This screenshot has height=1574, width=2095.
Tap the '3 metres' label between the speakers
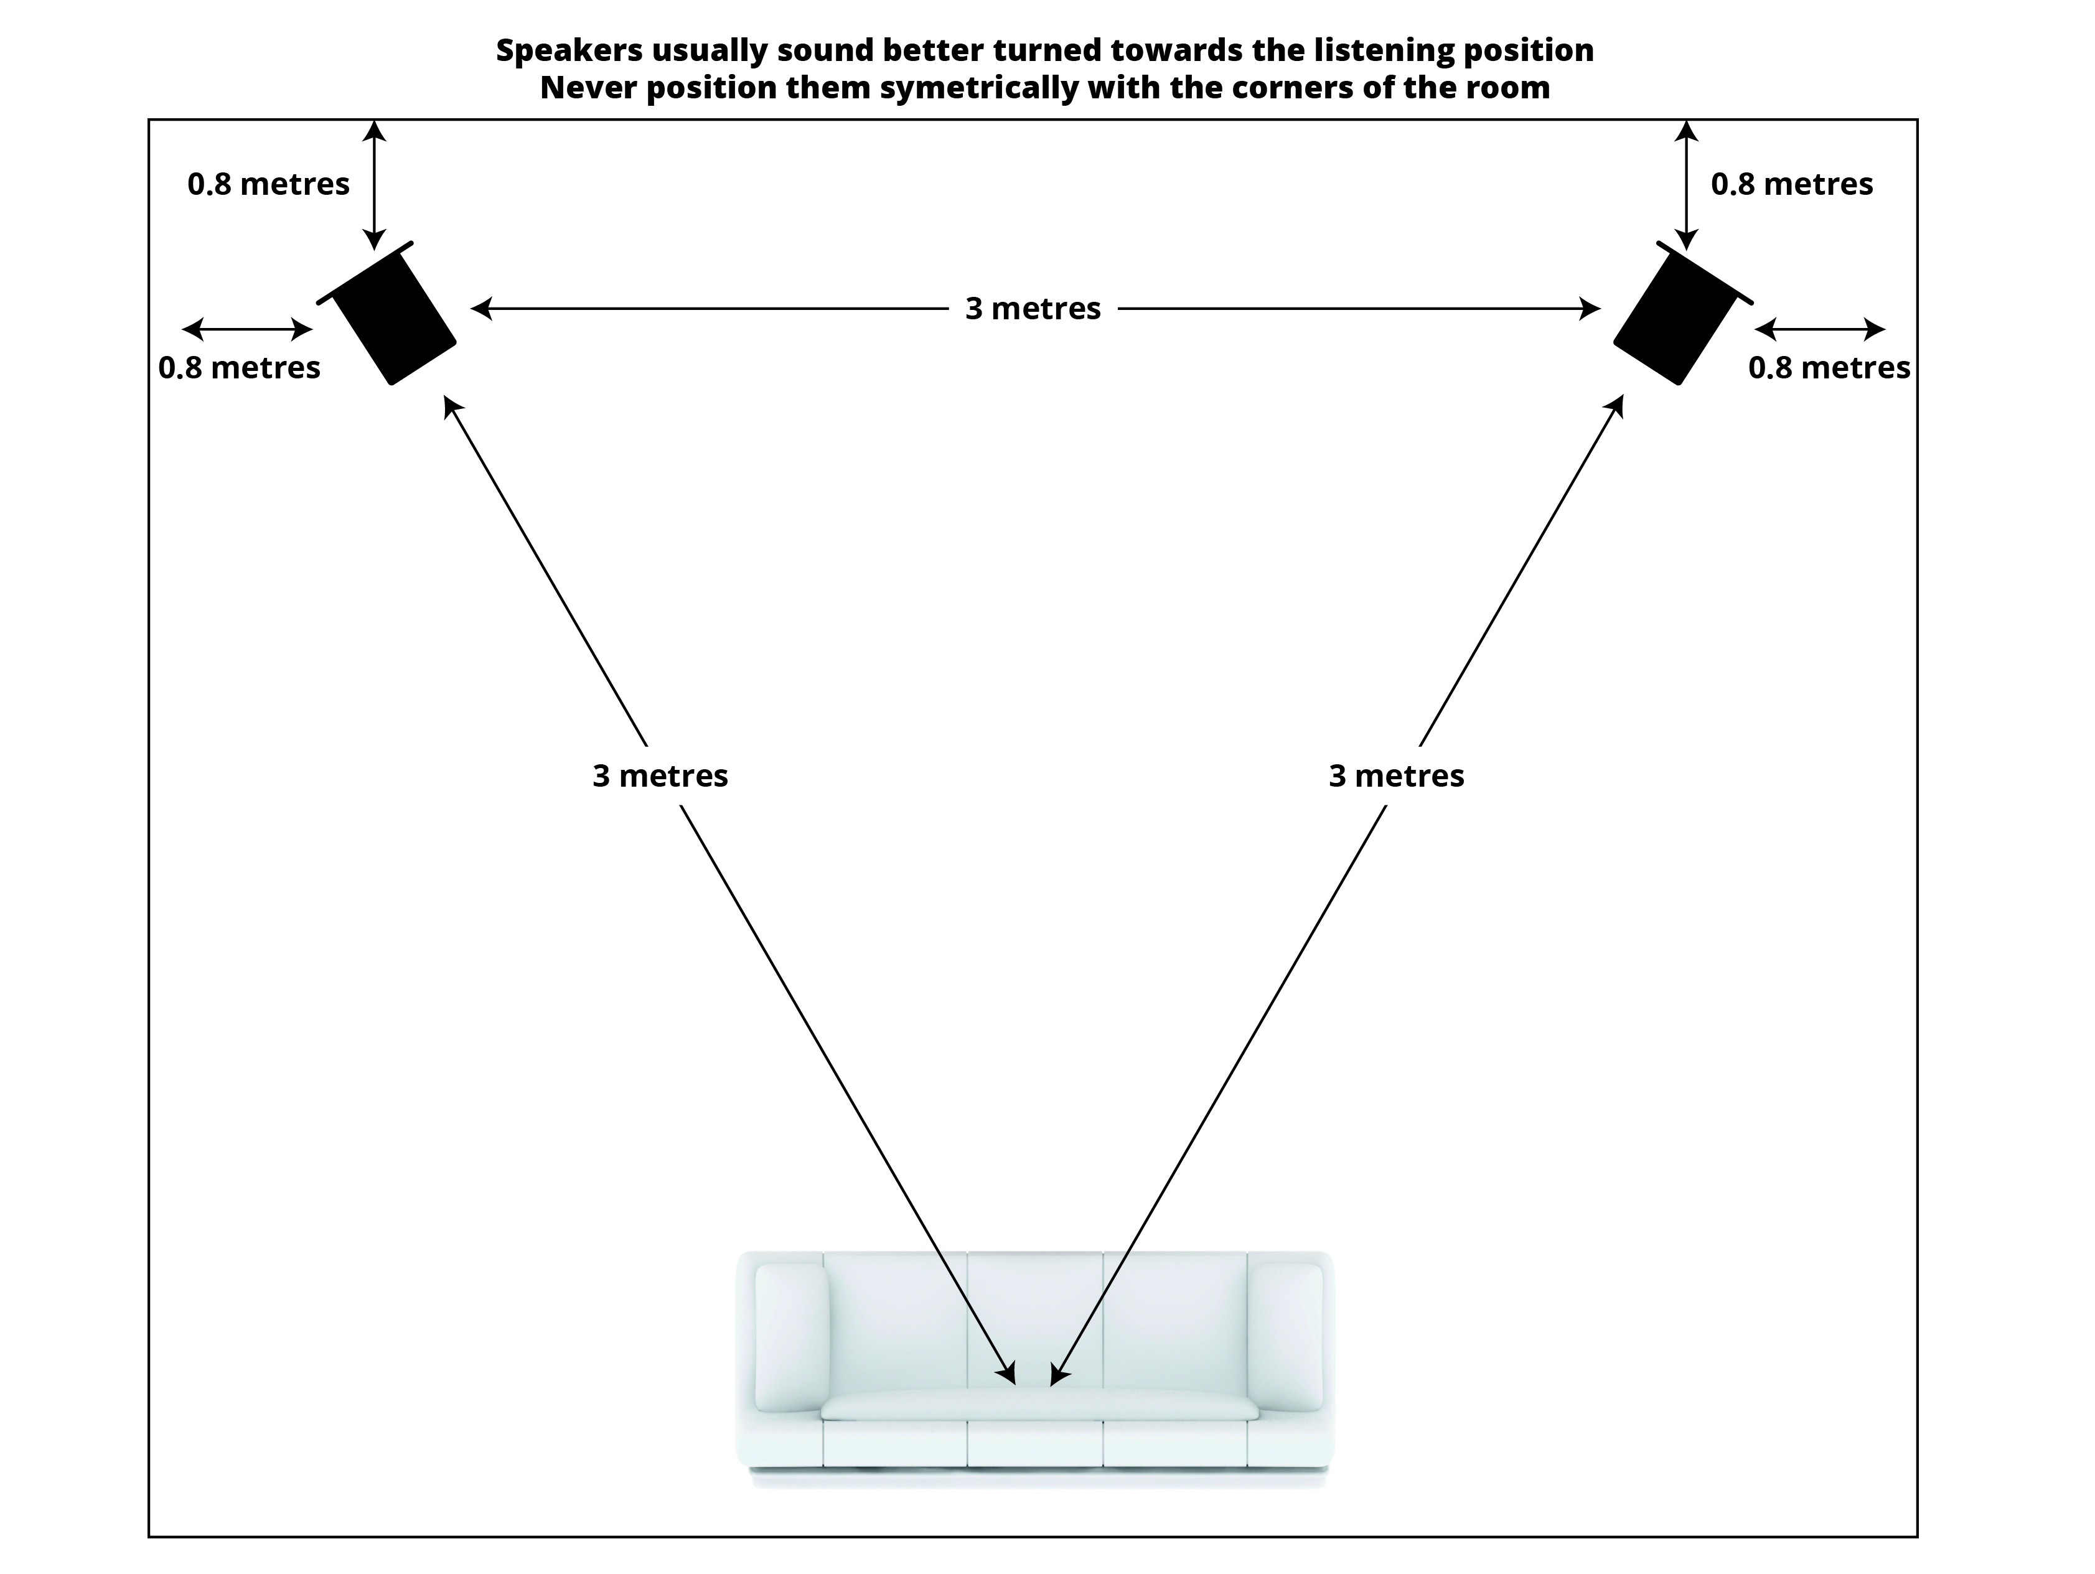point(1033,309)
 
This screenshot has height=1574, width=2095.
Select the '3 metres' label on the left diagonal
point(660,775)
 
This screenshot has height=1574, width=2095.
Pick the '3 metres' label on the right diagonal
point(1396,775)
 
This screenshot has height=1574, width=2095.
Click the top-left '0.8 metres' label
point(268,184)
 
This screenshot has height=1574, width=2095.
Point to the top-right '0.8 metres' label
point(1791,184)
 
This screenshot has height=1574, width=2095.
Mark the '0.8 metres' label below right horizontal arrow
point(1829,367)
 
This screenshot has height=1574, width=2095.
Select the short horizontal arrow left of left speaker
point(247,330)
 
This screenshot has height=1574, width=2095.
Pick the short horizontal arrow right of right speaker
point(1819,330)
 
